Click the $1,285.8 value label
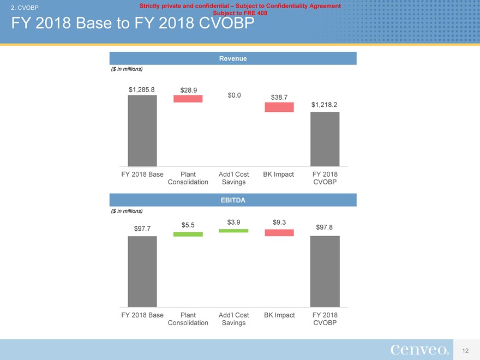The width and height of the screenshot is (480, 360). (x=142, y=89)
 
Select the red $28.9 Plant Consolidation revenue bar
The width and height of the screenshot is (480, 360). (x=188, y=99)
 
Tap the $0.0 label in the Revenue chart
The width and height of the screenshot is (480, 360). (x=234, y=95)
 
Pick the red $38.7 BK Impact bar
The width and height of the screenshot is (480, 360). (x=279, y=107)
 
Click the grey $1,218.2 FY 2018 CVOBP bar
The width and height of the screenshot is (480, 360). (x=325, y=139)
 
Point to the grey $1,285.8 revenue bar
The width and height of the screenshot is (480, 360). (x=142, y=131)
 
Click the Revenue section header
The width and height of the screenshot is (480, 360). (x=233, y=58)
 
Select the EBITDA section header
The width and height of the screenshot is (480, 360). (x=233, y=200)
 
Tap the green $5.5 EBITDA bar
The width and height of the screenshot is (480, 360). (x=188, y=234)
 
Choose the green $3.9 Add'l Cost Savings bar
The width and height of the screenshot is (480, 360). (x=233, y=231)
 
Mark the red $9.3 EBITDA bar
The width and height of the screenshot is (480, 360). (x=279, y=233)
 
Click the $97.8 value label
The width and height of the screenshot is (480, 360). (x=325, y=227)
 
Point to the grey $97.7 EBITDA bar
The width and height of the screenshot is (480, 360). (x=142, y=271)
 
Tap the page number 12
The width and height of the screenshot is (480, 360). (x=465, y=350)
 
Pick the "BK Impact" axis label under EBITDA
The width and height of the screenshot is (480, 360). (x=279, y=315)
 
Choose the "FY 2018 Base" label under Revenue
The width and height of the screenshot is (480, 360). (x=142, y=175)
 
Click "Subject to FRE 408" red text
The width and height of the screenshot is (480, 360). (x=240, y=12)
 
